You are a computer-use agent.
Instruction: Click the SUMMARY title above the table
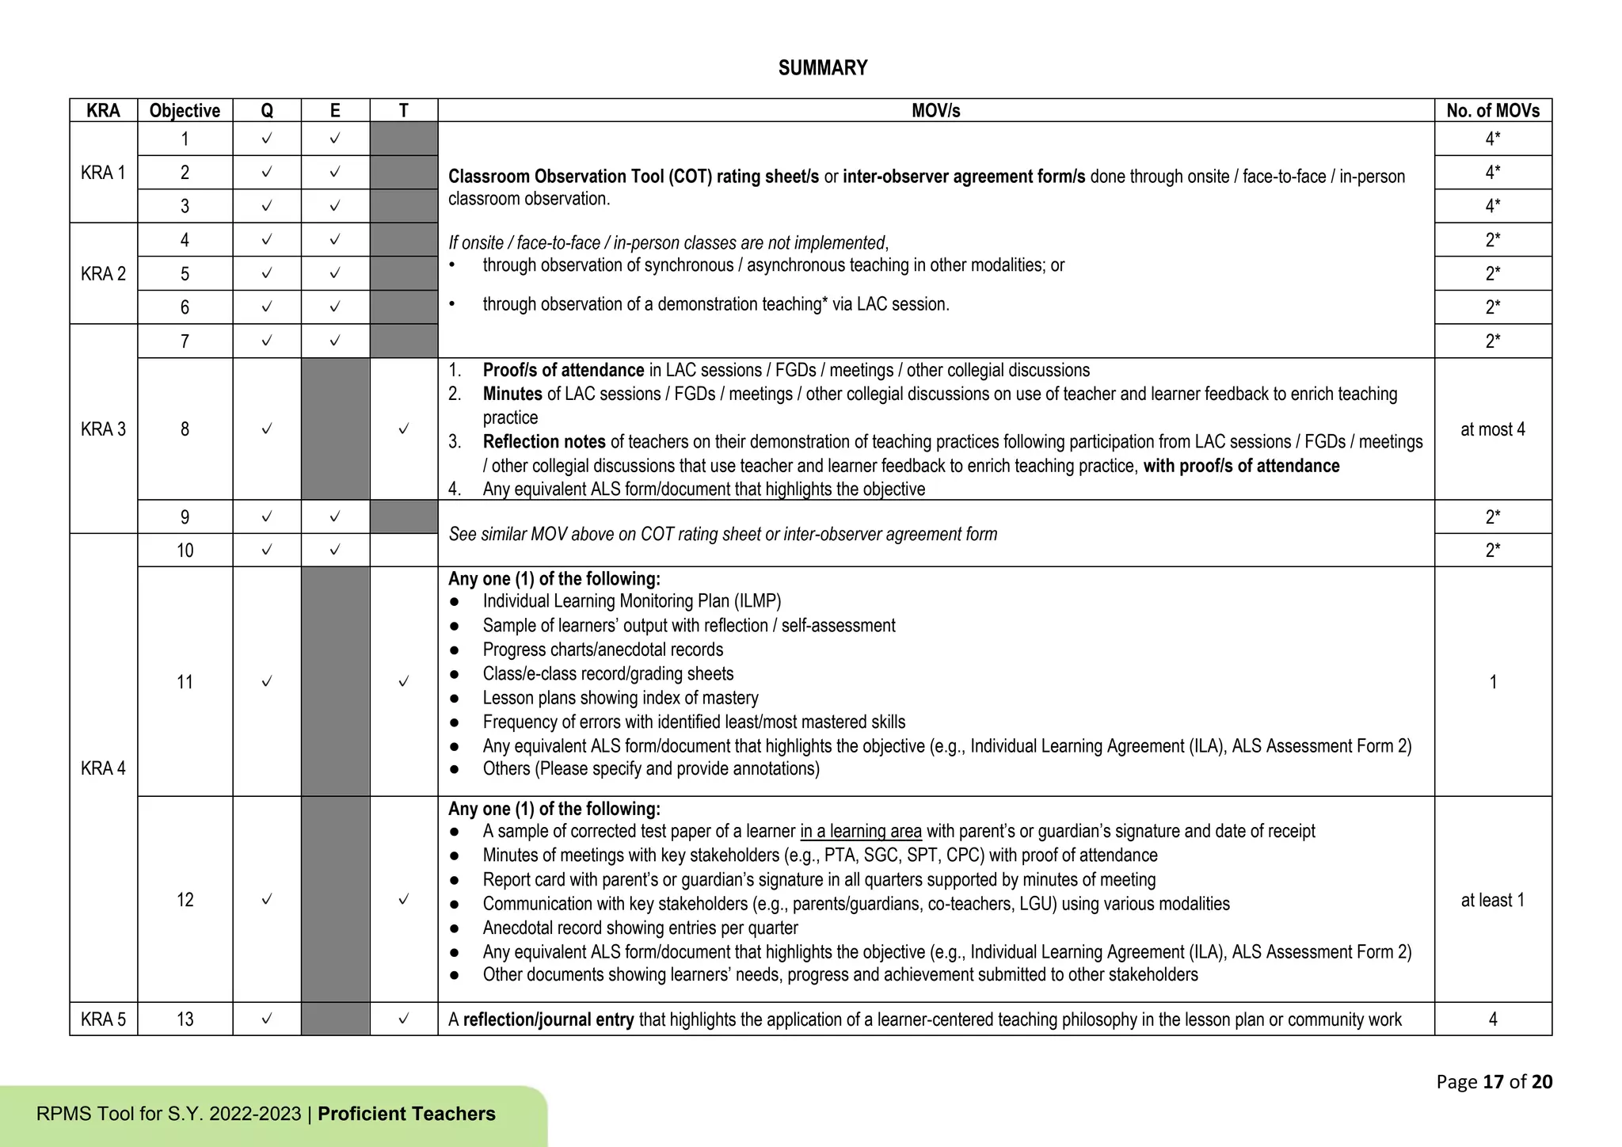[823, 68]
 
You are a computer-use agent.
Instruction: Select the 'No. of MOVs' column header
[1493, 111]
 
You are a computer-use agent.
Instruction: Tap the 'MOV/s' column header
[935, 111]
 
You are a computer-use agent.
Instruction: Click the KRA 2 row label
[103, 274]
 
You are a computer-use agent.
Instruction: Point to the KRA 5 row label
[103, 1019]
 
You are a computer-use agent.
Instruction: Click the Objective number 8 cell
[185, 429]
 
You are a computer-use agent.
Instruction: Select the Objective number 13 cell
[185, 1019]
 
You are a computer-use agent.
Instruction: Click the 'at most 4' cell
[1493, 429]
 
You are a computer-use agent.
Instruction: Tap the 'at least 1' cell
[1493, 900]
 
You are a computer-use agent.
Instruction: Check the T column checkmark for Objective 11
[404, 682]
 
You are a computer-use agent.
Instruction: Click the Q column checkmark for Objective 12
[267, 900]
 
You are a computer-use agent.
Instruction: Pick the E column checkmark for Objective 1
[335, 139]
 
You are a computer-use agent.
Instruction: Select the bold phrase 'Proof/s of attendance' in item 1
[563, 371]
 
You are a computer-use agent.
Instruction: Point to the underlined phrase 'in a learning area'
[861, 832]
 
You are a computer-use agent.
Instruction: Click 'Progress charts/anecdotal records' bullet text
[603, 650]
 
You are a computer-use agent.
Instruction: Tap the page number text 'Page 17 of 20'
[1494, 1082]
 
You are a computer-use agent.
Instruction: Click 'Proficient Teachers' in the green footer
[406, 1114]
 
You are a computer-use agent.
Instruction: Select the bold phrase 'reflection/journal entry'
[548, 1020]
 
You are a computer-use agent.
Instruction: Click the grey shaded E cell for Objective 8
[335, 429]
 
